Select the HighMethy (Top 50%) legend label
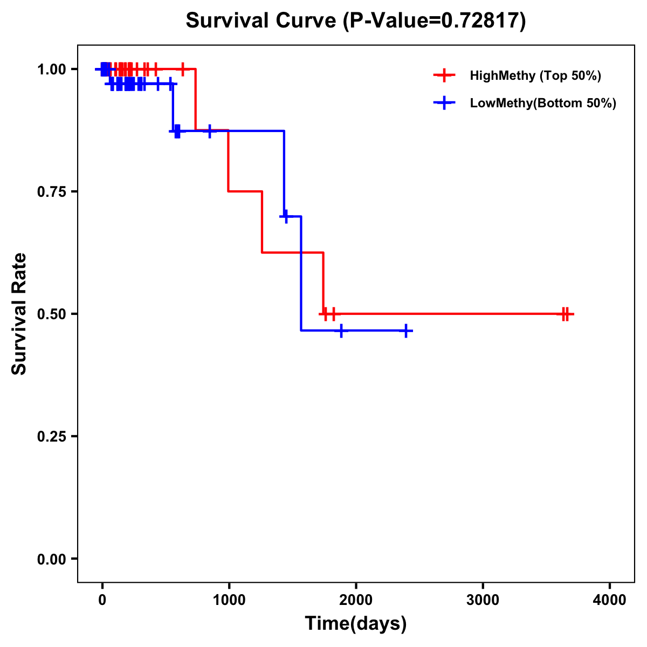point(535,75)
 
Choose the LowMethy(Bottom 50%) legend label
point(543,103)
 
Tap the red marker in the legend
point(444,75)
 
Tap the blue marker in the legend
point(444,103)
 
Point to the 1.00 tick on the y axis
point(51,69)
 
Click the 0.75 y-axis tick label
point(51,191)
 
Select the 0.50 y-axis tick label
point(51,314)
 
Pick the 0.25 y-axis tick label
point(51,436)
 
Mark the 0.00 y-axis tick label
point(51,559)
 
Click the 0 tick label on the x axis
point(102,600)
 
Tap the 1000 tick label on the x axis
point(229,600)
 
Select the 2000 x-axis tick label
point(356,600)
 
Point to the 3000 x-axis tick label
point(483,600)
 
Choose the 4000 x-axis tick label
point(610,600)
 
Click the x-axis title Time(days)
point(356,624)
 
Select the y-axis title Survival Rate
point(19,314)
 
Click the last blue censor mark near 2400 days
point(406,331)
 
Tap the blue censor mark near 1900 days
point(341,331)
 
